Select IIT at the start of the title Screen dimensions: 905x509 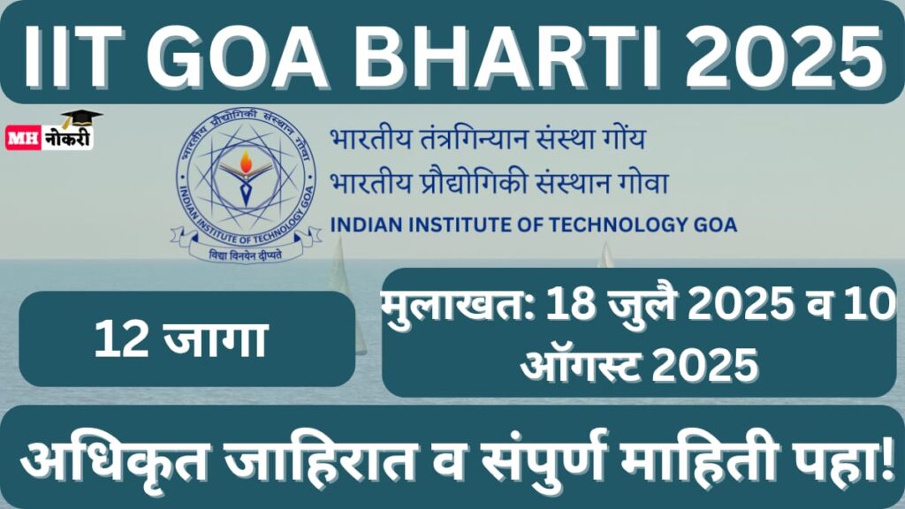72,56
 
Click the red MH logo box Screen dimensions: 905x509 23,139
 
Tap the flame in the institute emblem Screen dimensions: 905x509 246,163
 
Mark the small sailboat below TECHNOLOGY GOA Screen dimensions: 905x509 605,255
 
